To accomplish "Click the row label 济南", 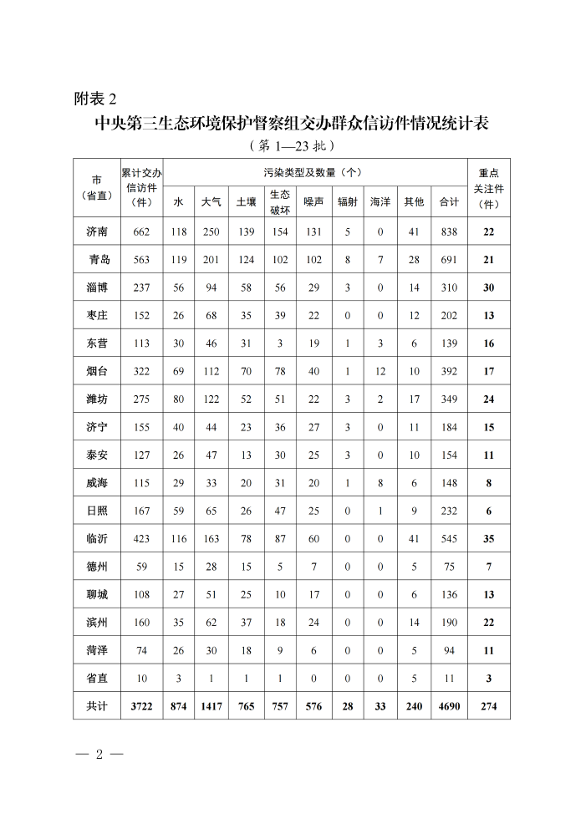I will tap(97, 231).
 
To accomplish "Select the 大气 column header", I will tap(211, 201).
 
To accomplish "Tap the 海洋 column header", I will tap(380, 201).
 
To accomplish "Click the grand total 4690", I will tap(449, 706).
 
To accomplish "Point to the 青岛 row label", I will tap(99, 260).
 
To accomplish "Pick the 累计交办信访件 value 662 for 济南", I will tap(140, 231).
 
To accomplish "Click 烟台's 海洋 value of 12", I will tap(380, 371).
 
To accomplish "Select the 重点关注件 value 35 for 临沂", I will tap(488, 539).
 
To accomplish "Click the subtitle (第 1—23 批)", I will tap(292, 145).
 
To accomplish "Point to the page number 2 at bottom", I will tap(99, 755).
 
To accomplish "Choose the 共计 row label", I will tap(97, 706).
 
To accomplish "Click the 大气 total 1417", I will tap(211, 706).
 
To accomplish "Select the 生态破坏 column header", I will tap(279, 201).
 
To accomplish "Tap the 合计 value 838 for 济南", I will tap(449, 231).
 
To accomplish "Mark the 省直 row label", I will tap(97, 679).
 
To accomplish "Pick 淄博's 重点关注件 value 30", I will tap(488, 287).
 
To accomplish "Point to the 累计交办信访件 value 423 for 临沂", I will tap(140, 539).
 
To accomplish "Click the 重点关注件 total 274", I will tap(488, 706).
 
